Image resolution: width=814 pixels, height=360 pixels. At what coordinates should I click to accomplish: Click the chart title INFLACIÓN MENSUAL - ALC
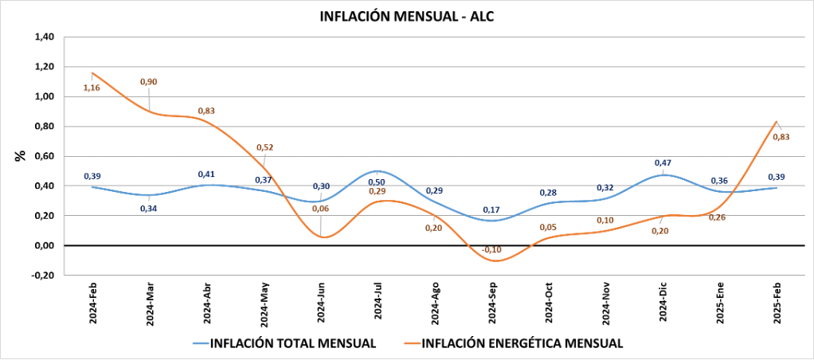tap(407, 16)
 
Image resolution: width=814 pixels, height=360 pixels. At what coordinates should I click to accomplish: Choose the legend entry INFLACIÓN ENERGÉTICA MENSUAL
tap(521, 343)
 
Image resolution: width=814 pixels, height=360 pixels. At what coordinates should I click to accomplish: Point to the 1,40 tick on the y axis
tap(43, 37)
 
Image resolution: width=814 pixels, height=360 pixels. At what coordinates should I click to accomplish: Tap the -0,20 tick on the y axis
tap(42, 276)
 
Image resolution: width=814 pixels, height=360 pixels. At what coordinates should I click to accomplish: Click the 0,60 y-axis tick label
tap(43, 156)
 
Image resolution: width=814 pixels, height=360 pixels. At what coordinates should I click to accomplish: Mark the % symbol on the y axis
tap(20, 156)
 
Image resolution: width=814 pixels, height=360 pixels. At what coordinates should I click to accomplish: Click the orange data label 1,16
tap(92, 87)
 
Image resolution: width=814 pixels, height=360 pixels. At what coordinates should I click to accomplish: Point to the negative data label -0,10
tap(492, 249)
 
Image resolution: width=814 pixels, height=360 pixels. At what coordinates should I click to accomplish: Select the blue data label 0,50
tap(378, 182)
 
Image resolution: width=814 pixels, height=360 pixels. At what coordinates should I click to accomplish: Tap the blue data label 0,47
tap(663, 162)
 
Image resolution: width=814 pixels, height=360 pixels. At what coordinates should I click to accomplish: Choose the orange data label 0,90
tap(149, 81)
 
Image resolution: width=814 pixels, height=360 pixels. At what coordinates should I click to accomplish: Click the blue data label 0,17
tap(492, 209)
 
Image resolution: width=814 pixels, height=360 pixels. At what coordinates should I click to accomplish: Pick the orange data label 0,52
tap(265, 147)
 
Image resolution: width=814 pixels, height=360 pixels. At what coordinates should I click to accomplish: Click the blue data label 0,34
tap(149, 209)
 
